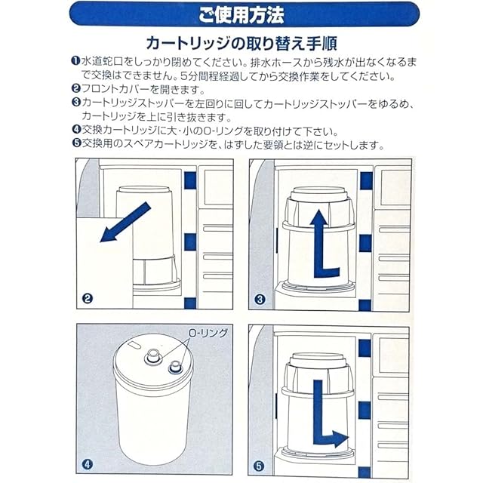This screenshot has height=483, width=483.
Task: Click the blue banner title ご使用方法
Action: coord(241,15)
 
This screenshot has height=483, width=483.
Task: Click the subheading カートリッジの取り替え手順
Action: coord(241,43)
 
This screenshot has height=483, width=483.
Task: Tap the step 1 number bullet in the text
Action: coord(75,60)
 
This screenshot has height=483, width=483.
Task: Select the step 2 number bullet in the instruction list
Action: coord(75,89)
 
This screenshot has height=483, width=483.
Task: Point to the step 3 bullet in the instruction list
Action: coord(76,102)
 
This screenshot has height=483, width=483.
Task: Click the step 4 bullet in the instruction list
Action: coord(76,129)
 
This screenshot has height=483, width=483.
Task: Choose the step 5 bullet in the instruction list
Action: coord(76,143)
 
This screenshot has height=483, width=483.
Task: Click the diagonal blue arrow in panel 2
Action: coord(125,223)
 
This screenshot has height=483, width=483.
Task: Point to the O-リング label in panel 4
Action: coord(208,333)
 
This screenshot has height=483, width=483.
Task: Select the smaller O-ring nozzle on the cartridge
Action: coord(175,368)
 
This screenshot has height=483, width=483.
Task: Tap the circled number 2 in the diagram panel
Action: coord(88,298)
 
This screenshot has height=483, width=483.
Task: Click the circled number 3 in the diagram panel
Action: coord(260,299)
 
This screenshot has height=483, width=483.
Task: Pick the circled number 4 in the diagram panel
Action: coord(88,464)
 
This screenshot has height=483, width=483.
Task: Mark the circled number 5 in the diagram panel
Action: coord(259,466)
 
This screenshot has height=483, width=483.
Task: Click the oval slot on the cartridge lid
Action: coord(134,345)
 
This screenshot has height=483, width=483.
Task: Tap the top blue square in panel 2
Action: coord(190,180)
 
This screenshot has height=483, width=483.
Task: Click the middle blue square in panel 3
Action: coord(365,243)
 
